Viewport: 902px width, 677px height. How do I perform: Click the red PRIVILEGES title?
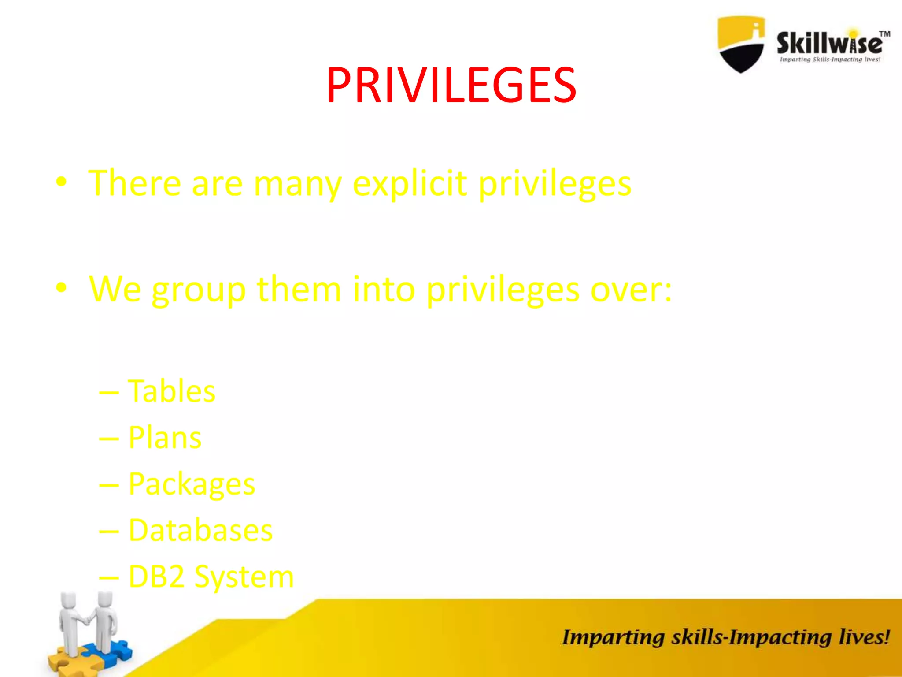(451, 85)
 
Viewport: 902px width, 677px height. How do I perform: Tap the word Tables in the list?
(171, 391)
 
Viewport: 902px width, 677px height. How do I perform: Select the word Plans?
(165, 438)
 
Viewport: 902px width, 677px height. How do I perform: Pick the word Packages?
(192, 484)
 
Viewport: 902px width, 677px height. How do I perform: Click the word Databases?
(200, 530)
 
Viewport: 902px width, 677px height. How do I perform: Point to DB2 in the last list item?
(156, 577)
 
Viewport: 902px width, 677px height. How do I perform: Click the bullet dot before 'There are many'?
(61, 181)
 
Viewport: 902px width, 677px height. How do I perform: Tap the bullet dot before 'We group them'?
(61, 287)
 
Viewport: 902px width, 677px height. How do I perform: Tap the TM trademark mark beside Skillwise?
(884, 34)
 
